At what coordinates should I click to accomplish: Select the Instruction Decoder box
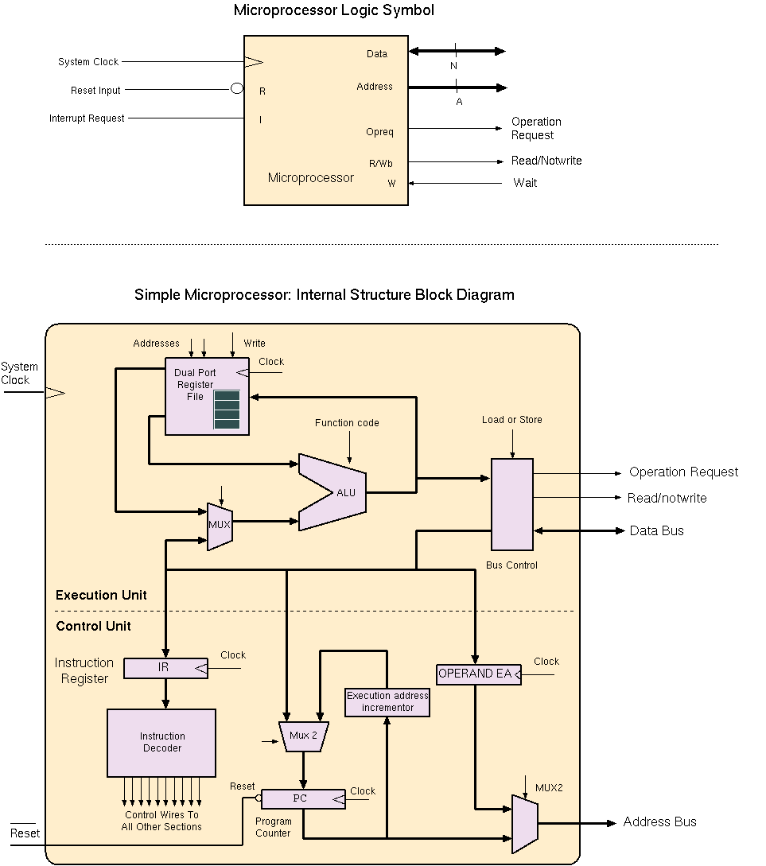click(x=161, y=743)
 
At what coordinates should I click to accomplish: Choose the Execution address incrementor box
click(x=387, y=701)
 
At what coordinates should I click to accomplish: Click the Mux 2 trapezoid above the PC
click(x=303, y=736)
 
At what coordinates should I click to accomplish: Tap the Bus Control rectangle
click(x=511, y=504)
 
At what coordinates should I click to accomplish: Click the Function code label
click(x=347, y=423)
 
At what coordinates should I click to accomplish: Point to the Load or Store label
click(x=512, y=420)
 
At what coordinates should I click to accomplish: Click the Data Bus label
click(x=656, y=530)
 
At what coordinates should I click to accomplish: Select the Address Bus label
click(x=659, y=822)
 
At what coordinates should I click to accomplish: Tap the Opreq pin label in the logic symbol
click(x=379, y=132)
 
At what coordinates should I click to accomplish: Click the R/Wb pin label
click(x=380, y=164)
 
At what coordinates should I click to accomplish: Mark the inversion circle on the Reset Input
click(x=237, y=88)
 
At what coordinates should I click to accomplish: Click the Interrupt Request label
click(x=87, y=118)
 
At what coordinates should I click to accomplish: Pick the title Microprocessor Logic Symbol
click(x=334, y=10)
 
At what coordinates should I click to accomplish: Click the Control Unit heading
click(x=93, y=627)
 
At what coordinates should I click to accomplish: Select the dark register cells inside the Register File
click(x=227, y=410)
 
